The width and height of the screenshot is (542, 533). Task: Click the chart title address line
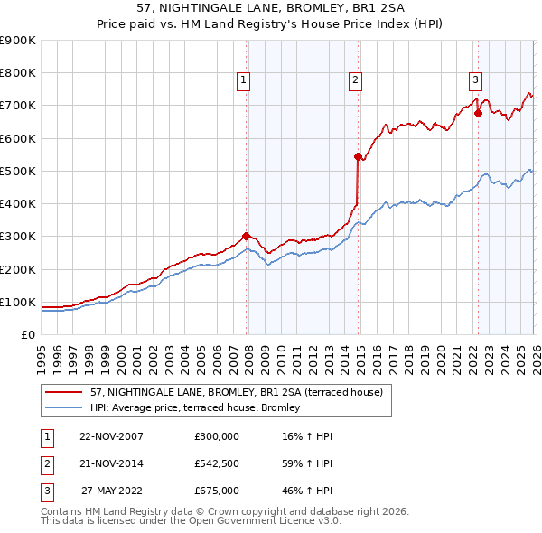coord(271,8)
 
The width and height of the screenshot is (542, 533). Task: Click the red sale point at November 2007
coord(246,237)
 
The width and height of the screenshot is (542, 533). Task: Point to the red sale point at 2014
coord(358,156)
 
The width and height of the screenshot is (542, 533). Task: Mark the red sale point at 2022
coord(478,114)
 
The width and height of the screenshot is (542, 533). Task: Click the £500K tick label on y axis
coord(18,171)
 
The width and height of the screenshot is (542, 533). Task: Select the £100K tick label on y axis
coord(18,302)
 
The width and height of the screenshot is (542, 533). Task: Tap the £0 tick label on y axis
coord(27,334)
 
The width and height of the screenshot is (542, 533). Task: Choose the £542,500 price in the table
coord(217,463)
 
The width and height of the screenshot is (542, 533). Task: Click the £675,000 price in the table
coord(217,491)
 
